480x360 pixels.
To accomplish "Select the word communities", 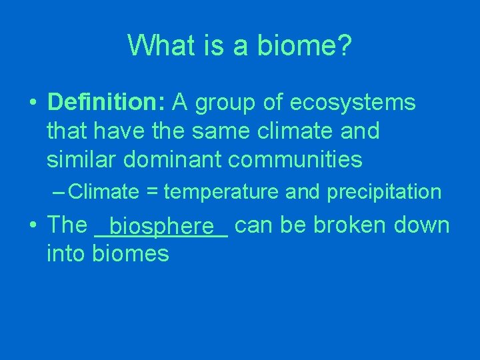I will tap(295, 159).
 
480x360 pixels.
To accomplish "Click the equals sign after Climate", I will tap(151, 193).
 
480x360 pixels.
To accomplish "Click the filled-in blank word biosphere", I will tap(161, 228).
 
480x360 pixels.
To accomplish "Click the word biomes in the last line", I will tap(131, 253).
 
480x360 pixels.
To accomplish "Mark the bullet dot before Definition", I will tap(32, 104).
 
